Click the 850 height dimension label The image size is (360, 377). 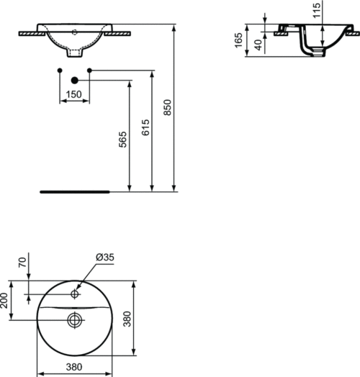pos(167,107)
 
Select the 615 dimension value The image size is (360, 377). pos(145,127)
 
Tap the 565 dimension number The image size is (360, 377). pos(122,140)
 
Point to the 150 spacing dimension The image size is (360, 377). pos(74,94)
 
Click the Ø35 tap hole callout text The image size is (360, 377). pos(105,258)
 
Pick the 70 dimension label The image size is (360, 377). pos(22,263)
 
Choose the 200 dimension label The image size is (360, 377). pos(4,301)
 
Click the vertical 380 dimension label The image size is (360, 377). pos(127,319)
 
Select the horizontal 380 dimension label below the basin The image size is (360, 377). pos(74,367)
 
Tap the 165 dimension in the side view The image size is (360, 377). pos(238,40)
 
